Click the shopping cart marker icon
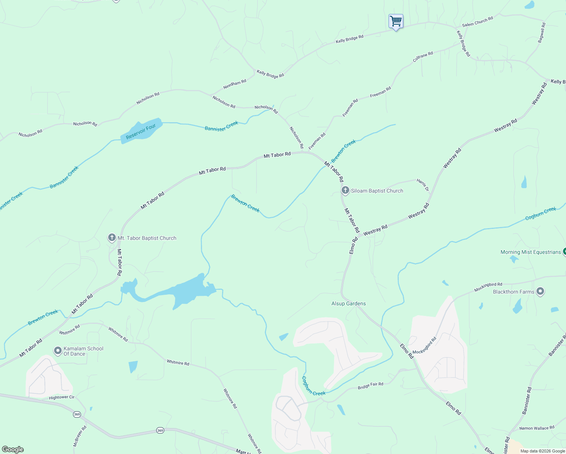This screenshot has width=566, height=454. pyautogui.click(x=396, y=21)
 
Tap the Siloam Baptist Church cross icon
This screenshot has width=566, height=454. pyautogui.click(x=345, y=190)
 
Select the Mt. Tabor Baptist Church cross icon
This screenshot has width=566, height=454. pyautogui.click(x=112, y=238)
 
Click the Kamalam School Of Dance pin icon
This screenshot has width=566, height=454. pyautogui.click(x=58, y=351)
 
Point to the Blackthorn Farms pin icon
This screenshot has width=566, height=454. pyautogui.click(x=540, y=291)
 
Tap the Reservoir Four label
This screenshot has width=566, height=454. pyautogui.click(x=141, y=132)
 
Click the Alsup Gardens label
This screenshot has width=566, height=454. pyautogui.click(x=348, y=303)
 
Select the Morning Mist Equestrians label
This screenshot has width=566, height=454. pyautogui.click(x=530, y=252)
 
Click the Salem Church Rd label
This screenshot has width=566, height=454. pyautogui.click(x=477, y=22)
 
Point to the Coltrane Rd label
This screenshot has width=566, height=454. pyautogui.click(x=423, y=57)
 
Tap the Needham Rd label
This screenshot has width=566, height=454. pyautogui.click(x=235, y=84)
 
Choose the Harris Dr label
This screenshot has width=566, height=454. pyautogui.click(x=423, y=185)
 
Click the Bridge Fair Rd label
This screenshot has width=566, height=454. pyautogui.click(x=370, y=386)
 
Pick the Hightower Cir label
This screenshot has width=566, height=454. pyautogui.click(x=62, y=397)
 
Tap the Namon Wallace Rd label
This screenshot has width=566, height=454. pyautogui.click(x=536, y=428)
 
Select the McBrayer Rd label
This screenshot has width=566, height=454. pyautogui.click(x=80, y=436)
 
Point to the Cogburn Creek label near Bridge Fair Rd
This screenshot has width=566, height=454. pyautogui.click(x=313, y=386)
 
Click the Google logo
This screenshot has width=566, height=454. pyautogui.click(x=13, y=449)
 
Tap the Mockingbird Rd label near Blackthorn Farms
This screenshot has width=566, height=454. pyautogui.click(x=488, y=287)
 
